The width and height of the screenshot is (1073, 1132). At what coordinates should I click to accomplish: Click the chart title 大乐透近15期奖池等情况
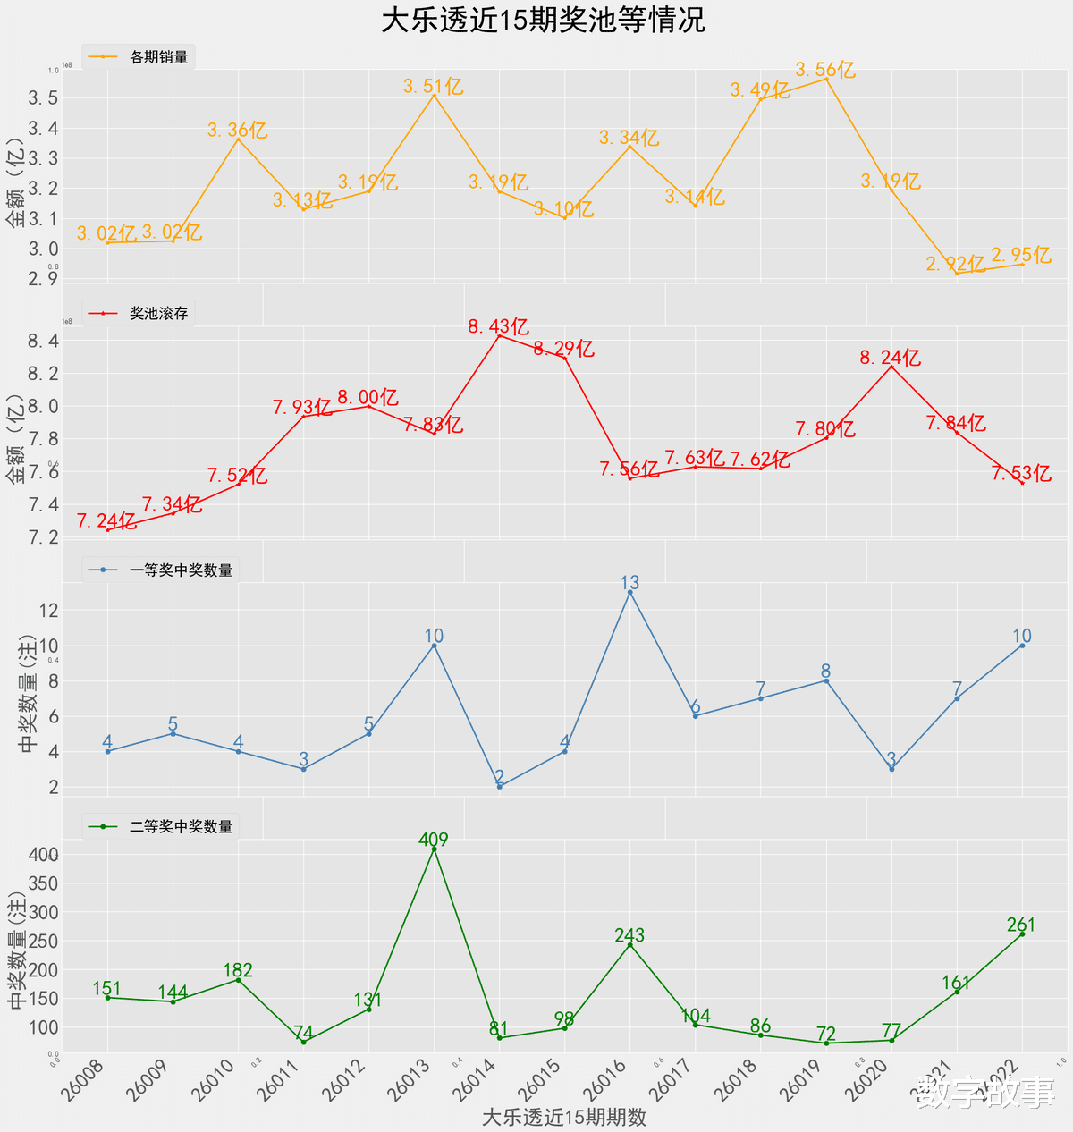(x=544, y=20)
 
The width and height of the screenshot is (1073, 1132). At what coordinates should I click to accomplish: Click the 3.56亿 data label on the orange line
(x=825, y=70)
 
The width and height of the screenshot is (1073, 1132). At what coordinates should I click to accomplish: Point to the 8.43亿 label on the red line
(x=499, y=327)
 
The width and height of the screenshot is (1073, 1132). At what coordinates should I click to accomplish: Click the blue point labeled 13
(x=630, y=592)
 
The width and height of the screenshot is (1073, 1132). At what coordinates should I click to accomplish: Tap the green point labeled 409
(x=435, y=849)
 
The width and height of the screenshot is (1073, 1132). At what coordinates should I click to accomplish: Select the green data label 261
(x=1021, y=925)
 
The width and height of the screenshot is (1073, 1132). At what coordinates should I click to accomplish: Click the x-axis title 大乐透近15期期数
(x=563, y=1117)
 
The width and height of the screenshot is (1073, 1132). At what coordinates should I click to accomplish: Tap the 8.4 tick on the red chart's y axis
(x=44, y=341)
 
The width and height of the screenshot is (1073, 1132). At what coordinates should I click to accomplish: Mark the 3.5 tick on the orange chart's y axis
(x=44, y=97)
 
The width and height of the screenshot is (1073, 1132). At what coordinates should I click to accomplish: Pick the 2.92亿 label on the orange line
(x=955, y=264)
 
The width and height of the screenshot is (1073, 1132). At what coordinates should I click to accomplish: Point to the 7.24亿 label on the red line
(x=106, y=520)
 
